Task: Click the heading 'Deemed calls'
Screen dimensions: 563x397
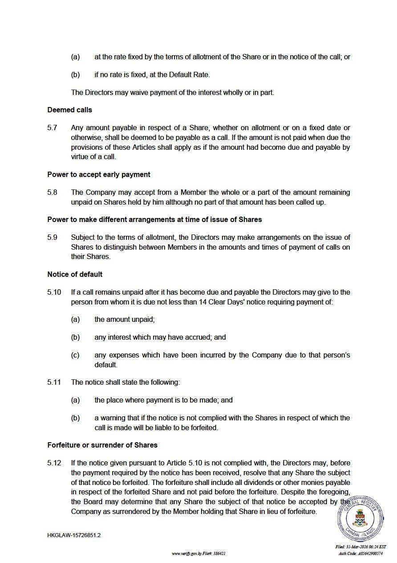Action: [69, 110]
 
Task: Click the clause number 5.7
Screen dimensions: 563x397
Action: [52, 128]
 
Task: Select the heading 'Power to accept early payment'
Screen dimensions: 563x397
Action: [99, 174]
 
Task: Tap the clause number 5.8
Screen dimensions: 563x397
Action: [52, 193]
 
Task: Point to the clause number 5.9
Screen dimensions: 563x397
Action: [52, 238]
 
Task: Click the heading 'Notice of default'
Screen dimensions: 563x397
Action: [75, 274]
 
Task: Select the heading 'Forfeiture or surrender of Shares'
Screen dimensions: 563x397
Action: [102, 445]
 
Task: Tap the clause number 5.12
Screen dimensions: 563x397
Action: [54, 463]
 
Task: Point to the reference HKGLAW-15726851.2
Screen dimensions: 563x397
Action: [74, 535]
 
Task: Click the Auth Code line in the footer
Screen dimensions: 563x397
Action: [361, 554]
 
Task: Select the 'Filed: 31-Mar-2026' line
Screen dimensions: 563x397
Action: [361, 547]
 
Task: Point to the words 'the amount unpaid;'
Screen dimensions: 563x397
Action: [125, 320]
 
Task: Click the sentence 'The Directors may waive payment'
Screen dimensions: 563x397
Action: [172, 93]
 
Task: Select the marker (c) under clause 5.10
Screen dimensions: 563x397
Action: [75, 356]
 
